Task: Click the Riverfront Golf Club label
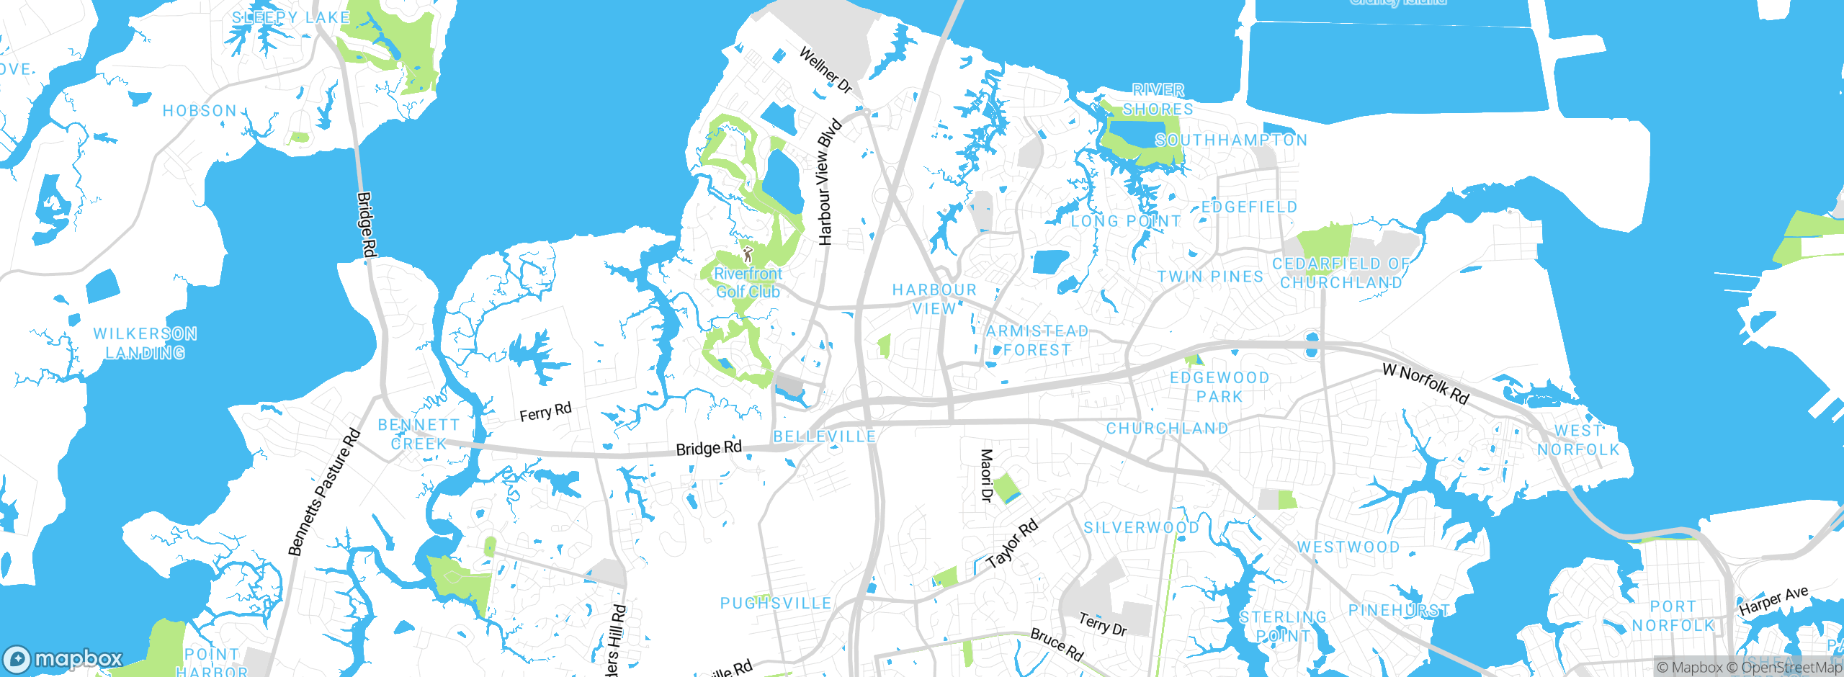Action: [748, 283]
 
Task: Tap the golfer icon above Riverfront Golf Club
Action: [748, 254]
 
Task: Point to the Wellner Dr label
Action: [825, 71]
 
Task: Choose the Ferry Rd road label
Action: [545, 413]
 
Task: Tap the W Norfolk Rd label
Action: [1425, 384]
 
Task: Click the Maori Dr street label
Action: [987, 475]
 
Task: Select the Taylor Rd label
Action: [1012, 544]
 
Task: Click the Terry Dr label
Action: [1102, 624]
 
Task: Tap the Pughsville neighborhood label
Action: [776, 604]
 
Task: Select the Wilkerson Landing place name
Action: [146, 344]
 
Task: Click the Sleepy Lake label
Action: [291, 17]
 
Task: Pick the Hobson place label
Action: [200, 111]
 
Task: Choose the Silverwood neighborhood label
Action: [1142, 528]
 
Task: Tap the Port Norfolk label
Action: [1673, 617]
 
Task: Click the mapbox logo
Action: [63, 658]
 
